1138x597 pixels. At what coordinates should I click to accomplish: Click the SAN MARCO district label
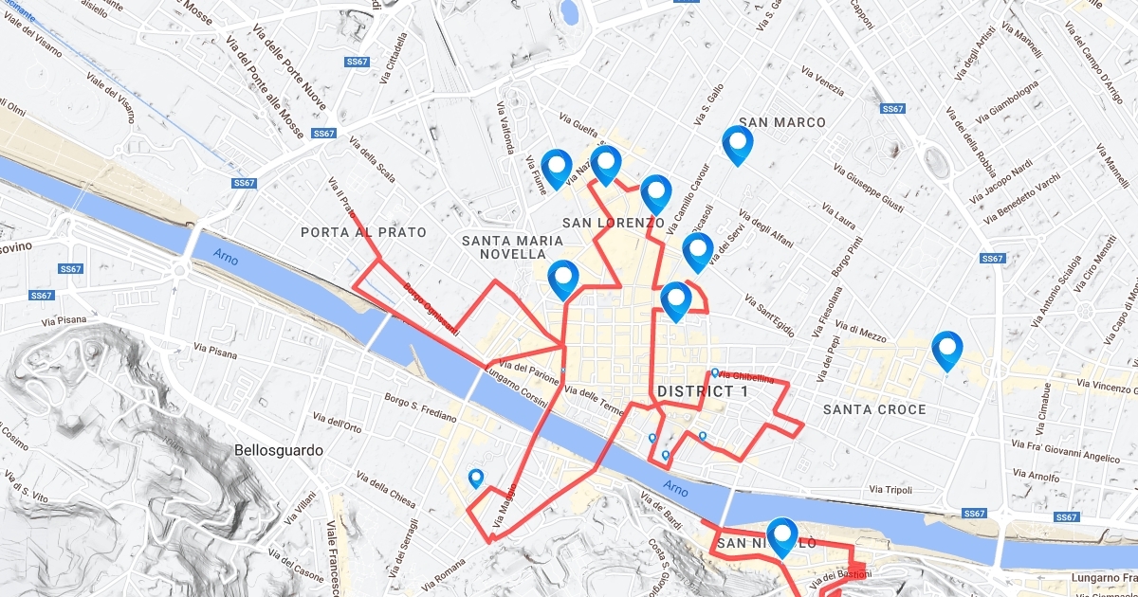point(781,122)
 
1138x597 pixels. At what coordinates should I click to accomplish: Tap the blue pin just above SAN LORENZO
point(655,192)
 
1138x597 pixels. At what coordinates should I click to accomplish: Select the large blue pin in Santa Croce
point(946,349)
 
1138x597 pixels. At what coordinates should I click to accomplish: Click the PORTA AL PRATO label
point(363,232)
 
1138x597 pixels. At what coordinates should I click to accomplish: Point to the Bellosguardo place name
point(279,451)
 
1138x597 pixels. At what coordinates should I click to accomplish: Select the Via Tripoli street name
point(890,490)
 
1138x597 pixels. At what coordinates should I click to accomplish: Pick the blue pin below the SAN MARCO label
point(737,144)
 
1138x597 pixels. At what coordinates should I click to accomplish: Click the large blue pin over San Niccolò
point(782,535)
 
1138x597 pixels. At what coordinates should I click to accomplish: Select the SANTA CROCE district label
point(873,409)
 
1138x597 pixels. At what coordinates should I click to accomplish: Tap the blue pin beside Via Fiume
point(557,167)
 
